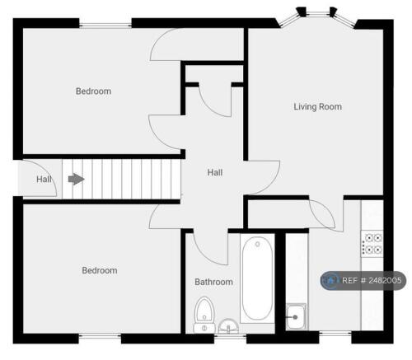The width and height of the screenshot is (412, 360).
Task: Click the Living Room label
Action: (318, 106)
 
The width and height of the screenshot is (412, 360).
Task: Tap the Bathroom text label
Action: (213, 282)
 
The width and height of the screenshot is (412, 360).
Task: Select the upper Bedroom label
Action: (93, 91)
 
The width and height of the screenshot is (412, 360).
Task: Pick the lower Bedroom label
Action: (100, 270)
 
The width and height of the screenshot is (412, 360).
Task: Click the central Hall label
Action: (215, 172)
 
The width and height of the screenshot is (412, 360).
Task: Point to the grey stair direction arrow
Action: (76, 179)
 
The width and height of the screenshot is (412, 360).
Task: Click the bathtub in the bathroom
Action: (257, 278)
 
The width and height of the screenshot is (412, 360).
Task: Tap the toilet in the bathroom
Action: (204, 315)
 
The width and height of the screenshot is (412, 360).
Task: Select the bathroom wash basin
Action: (228, 326)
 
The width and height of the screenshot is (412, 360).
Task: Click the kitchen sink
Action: (296, 316)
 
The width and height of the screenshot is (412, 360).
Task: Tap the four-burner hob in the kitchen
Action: (372, 243)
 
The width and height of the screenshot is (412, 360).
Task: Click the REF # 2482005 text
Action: (372, 280)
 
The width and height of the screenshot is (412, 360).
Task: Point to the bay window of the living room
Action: (318, 17)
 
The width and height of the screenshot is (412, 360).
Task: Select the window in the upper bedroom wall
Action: (105, 26)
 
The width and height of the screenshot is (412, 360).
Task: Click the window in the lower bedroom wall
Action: (100, 336)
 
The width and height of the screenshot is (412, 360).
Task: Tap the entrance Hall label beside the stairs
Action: (44, 180)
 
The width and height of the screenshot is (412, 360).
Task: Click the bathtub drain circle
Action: (257, 244)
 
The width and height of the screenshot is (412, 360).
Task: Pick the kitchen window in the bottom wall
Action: (335, 334)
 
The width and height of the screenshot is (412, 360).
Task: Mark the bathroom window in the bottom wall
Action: (230, 336)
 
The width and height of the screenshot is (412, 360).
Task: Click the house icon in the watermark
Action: (330, 280)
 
